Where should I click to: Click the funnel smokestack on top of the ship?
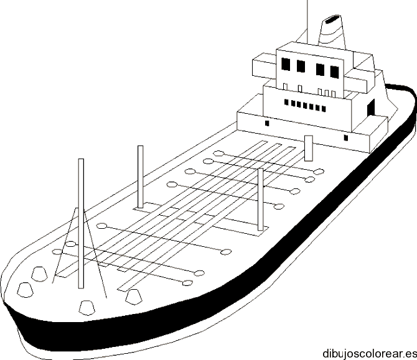pos(332,32)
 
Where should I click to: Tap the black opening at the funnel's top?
pos(332,19)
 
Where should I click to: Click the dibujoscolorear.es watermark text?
pos(370,354)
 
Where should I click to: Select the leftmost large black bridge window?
pos(286,64)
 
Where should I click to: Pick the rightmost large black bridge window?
pos(335,72)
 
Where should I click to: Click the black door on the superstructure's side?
pos(371,108)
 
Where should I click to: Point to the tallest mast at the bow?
pos(81,223)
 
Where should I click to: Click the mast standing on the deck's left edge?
pos(141,177)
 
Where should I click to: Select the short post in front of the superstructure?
pos(309,148)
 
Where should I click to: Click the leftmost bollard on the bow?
pos(25,290)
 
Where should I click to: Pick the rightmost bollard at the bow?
pos(134,297)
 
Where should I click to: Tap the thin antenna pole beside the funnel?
pos(307,22)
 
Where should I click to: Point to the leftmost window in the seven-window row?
pos(286,102)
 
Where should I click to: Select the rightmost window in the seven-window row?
pos(324,109)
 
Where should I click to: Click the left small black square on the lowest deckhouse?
pos(267,123)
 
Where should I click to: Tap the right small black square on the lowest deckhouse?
pos(345,138)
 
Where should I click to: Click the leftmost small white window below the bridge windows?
pos(285,87)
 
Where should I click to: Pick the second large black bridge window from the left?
pos(301,67)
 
